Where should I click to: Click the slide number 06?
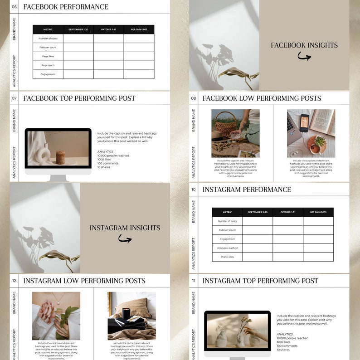tap(14, 7)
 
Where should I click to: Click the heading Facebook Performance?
tap(65, 7)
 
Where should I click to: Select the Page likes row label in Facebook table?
tap(48, 56)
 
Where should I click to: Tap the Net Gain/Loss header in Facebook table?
tap(139, 29)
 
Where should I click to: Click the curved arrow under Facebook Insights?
tap(304, 56)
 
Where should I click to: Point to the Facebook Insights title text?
tap(304, 45)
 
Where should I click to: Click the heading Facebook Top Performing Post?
tap(79, 98)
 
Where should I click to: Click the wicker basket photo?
tap(235, 133)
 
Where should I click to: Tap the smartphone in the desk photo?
tap(304, 123)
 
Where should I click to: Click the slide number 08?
tap(194, 98)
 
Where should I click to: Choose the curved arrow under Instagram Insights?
tap(125, 238)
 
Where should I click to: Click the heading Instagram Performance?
tap(247, 190)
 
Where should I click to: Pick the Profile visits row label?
tap(227, 257)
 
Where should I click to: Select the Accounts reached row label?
tap(227, 248)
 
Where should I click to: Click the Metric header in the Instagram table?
tap(227, 212)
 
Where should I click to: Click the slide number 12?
tap(14, 281)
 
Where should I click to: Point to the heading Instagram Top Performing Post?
tap(260, 281)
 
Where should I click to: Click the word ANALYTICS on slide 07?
tap(105, 152)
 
